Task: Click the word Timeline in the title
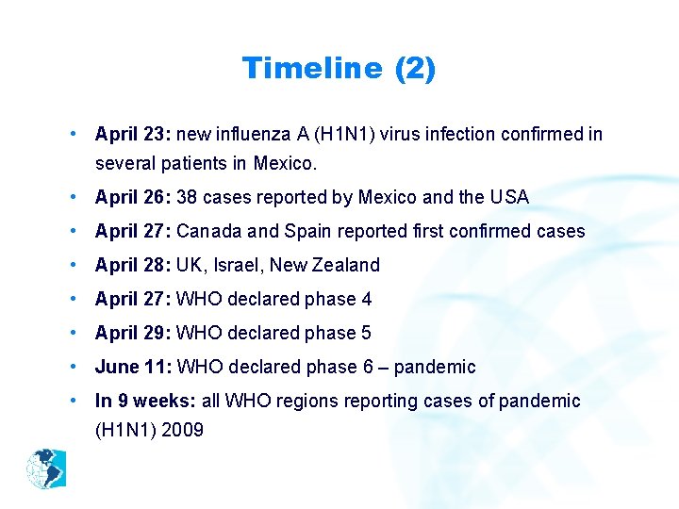coord(312,68)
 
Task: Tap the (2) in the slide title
coord(415,68)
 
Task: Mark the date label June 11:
coord(133,367)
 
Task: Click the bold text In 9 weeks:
coord(146,401)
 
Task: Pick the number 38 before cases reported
coord(187,197)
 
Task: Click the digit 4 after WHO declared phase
coord(366,299)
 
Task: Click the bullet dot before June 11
coord(74,367)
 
